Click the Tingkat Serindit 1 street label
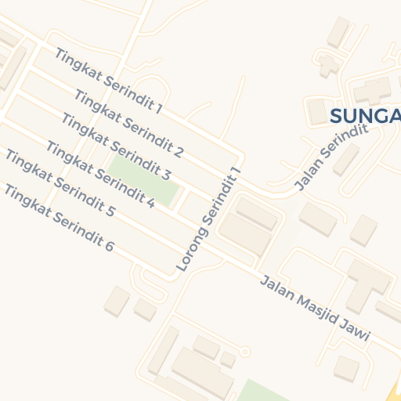tap(108, 81)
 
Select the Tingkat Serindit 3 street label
tap(115, 146)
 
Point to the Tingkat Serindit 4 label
tap(99, 174)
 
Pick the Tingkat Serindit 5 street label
tap(60, 183)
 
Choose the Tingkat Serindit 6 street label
tap(59, 218)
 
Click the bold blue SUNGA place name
tap(365, 117)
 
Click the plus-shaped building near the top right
tap(328, 64)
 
